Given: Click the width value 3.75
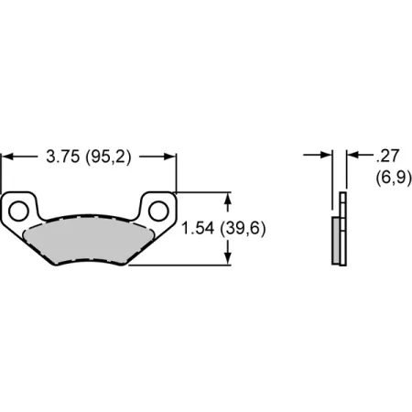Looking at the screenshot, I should (61, 157).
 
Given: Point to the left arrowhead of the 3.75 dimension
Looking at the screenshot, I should (7, 157).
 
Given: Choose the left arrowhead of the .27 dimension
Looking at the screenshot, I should (327, 157).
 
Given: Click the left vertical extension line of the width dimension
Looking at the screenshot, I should (2, 174).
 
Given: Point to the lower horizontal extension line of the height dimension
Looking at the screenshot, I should (183, 266).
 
